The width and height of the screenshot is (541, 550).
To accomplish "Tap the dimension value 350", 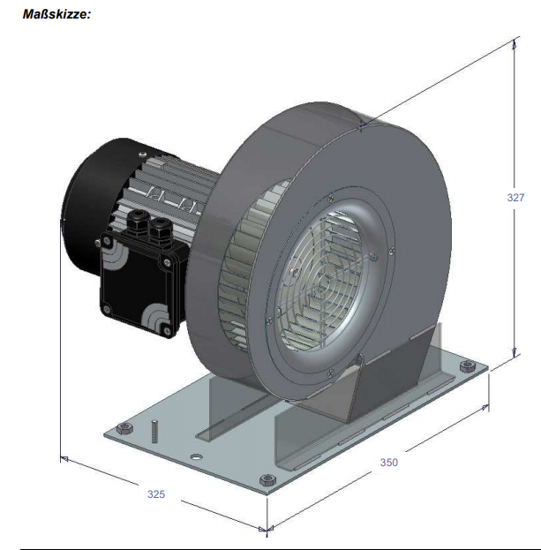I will tap(389, 462).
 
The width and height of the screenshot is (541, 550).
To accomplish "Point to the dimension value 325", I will tap(156, 494).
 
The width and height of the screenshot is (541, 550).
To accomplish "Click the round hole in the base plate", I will tap(195, 457).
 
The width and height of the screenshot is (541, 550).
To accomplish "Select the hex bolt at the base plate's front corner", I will tap(266, 478).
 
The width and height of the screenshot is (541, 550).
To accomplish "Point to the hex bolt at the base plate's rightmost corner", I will tap(467, 368).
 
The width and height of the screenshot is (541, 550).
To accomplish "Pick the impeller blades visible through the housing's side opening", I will tap(243, 265).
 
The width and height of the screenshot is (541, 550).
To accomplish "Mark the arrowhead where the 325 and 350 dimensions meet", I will tap(267, 529).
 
